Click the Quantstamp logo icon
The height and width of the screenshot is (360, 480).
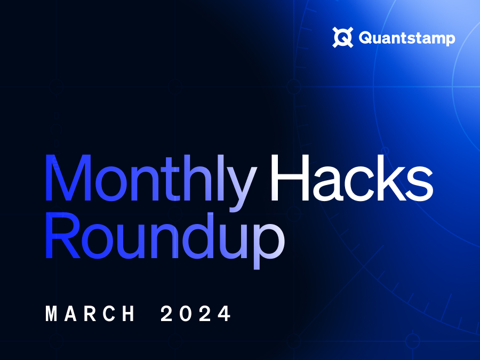[343, 37]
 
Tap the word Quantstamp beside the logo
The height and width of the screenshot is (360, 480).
[407, 38]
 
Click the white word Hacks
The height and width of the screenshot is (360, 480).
[352, 178]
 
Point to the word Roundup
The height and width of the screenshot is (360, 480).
[165, 239]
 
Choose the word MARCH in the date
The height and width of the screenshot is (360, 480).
[90, 313]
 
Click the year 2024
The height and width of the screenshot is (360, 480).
[196, 313]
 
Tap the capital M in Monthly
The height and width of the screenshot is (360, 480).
[68, 178]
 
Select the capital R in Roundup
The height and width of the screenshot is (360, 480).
[63, 235]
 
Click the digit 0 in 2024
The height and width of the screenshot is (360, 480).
[186, 313]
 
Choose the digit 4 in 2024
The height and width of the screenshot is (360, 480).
[225, 313]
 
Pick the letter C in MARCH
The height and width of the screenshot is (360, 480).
[109, 313]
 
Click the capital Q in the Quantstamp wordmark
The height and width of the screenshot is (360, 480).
[365, 38]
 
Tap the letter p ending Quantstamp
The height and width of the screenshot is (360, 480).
[450, 40]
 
